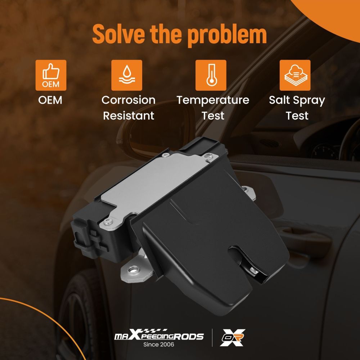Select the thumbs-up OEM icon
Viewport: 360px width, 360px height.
[51, 75]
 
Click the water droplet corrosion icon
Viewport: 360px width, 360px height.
[126, 75]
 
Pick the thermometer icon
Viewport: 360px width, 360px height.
[211, 75]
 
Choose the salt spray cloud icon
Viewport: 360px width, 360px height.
[295, 75]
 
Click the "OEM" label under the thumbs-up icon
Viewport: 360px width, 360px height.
[50, 100]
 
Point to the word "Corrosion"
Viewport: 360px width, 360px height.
[129, 100]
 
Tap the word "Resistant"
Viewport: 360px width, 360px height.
[129, 116]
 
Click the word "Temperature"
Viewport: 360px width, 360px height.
[213, 100]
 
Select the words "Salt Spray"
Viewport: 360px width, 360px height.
[297, 100]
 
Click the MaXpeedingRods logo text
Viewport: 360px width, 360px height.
[159, 336]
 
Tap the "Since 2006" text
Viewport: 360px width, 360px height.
[159, 345]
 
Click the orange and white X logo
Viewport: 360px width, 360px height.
[233, 337]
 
